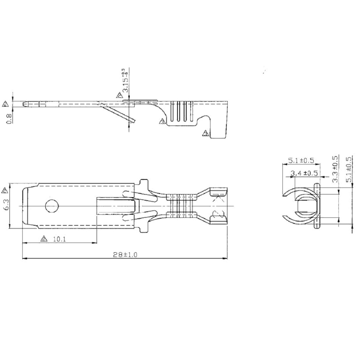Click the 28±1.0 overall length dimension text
point(125,255)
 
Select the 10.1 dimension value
point(60,239)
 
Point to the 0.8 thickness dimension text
point(10,117)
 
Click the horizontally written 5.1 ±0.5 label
point(301,161)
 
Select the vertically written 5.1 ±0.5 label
point(349,169)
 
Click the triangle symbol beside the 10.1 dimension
point(44,239)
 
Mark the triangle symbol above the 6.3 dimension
point(5,191)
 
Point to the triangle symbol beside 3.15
point(120,95)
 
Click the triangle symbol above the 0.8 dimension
point(5,104)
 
